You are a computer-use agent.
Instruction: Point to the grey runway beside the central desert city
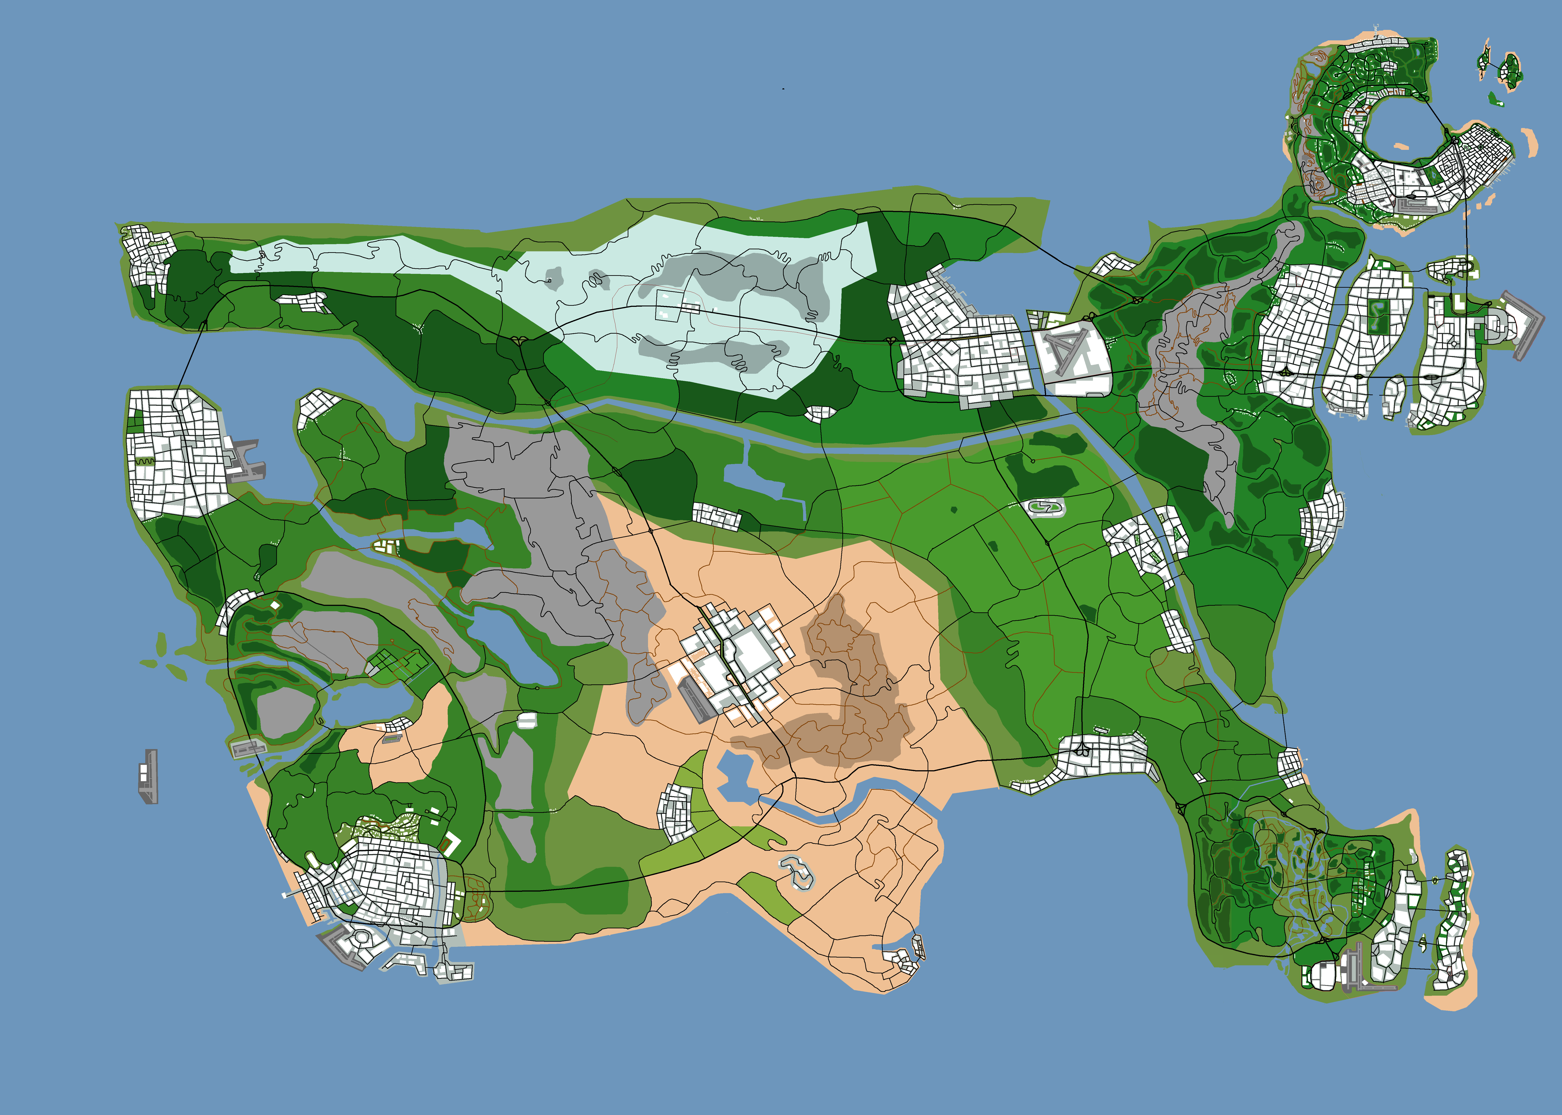click(x=695, y=699)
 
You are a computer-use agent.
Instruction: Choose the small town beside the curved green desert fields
click(x=677, y=814)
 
